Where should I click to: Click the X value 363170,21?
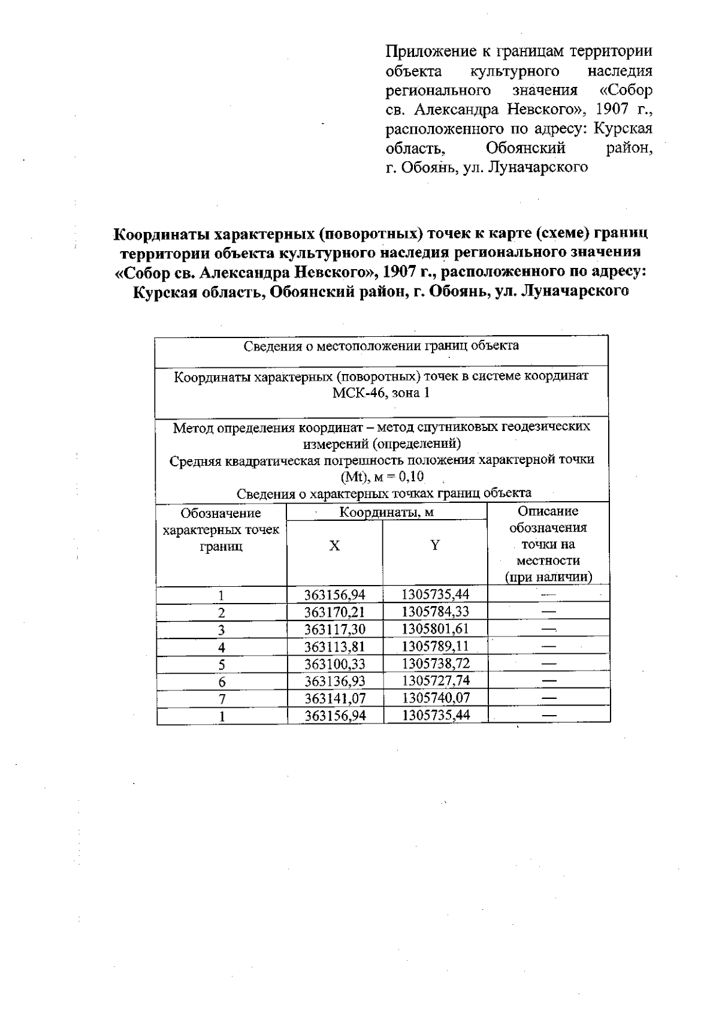point(334,613)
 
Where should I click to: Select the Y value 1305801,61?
point(435,629)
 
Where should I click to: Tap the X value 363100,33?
point(334,664)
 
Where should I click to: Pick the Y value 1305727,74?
point(435,680)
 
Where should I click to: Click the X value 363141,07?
point(334,698)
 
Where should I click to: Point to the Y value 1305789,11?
point(435,646)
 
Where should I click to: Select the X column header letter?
point(334,545)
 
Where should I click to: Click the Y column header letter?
point(435,545)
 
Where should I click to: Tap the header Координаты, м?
point(386,512)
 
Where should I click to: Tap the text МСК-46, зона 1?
point(381,393)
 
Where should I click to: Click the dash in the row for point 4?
point(548,647)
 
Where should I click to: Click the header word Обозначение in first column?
point(221,514)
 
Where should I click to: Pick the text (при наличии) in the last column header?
point(548,578)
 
